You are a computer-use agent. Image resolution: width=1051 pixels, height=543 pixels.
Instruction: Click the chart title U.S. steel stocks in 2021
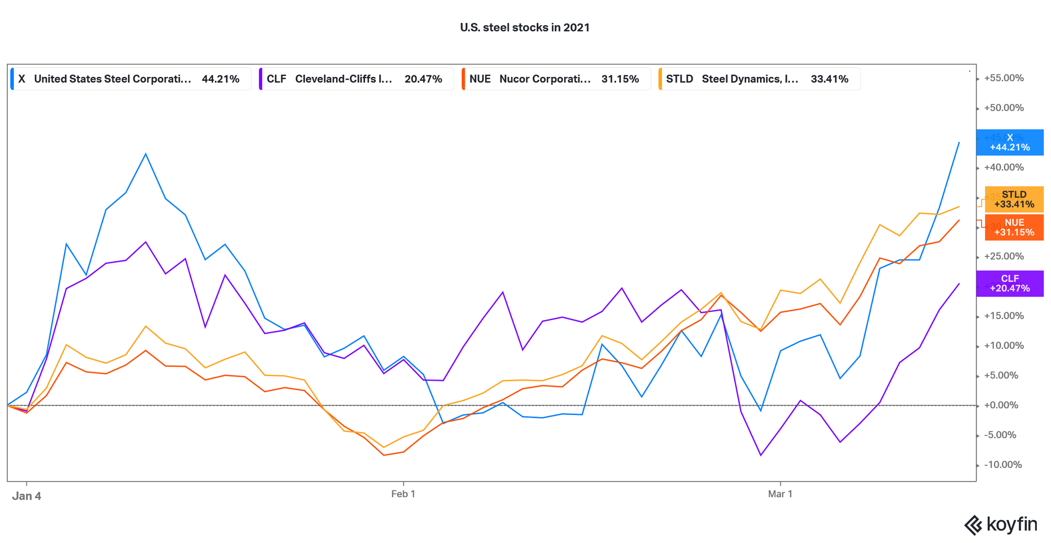pyautogui.click(x=525, y=28)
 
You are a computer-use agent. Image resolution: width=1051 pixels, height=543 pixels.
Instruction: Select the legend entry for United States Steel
pyautogui.click(x=130, y=79)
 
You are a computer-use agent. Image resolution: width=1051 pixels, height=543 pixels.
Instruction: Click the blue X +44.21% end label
pyautogui.click(x=1010, y=143)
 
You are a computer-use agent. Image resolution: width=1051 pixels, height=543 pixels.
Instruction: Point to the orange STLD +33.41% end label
pyautogui.click(x=1014, y=199)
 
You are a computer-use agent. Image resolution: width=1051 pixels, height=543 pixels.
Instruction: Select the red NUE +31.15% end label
pyautogui.click(x=1014, y=227)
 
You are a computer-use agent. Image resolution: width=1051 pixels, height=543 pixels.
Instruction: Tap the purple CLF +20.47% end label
pyautogui.click(x=1010, y=283)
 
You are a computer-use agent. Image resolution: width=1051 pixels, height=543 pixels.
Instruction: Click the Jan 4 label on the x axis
pyautogui.click(x=26, y=496)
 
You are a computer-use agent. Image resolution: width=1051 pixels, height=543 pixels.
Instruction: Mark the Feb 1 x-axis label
pyautogui.click(x=403, y=494)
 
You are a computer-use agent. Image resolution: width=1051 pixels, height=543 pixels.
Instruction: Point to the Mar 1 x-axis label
pyautogui.click(x=780, y=494)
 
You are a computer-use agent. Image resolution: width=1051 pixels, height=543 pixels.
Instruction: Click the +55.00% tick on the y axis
pyautogui.click(x=1004, y=78)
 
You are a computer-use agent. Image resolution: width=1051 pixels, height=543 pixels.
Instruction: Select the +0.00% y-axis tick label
pyautogui.click(x=1001, y=405)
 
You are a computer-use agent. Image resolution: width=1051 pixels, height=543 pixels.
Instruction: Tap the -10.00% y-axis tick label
pyautogui.click(x=1003, y=465)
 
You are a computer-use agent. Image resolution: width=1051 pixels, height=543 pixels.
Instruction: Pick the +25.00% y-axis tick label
pyautogui.click(x=1004, y=256)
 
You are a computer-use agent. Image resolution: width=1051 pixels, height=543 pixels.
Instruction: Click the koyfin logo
pyautogui.click(x=1001, y=525)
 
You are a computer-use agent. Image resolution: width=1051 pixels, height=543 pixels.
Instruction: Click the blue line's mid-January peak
pyautogui.click(x=145, y=154)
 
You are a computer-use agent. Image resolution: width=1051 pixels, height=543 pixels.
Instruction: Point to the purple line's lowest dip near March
pyautogui.click(x=761, y=455)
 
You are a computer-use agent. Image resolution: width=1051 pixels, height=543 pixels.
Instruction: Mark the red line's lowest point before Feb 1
pyautogui.click(x=384, y=455)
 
